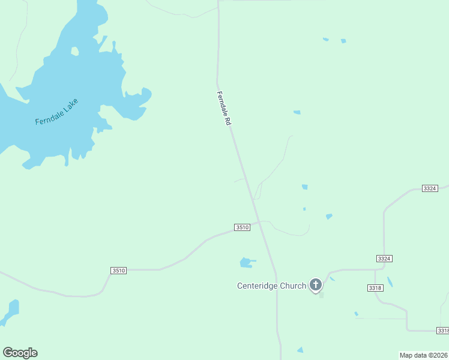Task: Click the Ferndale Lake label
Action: tap(57, 112)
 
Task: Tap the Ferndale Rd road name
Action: tap(224, 108)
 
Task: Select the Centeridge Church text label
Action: tap(271, 286)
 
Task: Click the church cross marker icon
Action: tap(316, 285)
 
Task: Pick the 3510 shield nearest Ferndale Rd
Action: tap(242, 227)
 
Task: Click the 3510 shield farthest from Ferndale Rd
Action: tap(119, 271)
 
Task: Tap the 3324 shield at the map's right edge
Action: tap(430, 188)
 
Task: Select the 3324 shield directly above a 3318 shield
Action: tap(384, 258)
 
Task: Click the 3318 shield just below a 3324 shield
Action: tap(375, 288)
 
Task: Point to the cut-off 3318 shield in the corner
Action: tap(443, 331)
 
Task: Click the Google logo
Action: tap(20, 353)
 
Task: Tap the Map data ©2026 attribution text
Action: tap(424, 355)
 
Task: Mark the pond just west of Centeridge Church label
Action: tap(246, 262)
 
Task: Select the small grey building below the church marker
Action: tap(321, 295)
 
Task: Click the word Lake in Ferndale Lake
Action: tap(71, 106)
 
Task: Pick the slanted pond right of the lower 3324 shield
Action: tap(390, 281)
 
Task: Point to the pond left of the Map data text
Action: tap(300, 350)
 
